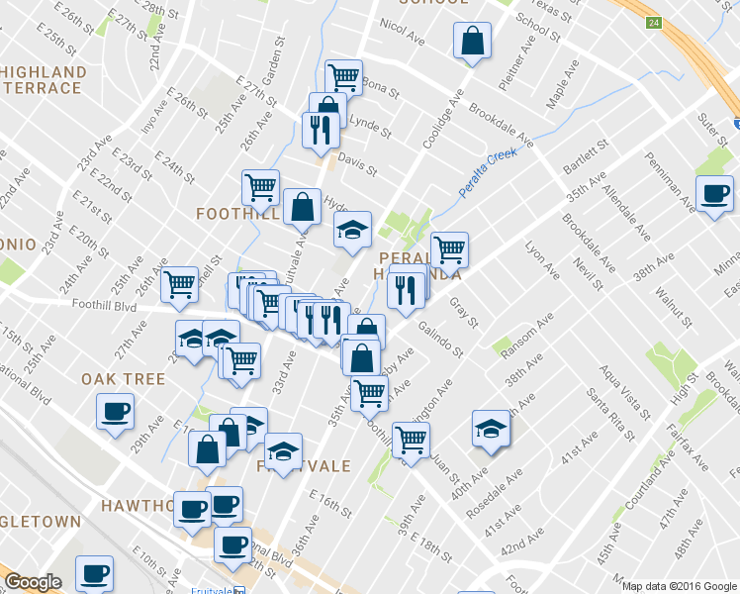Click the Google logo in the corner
tap(33, 582)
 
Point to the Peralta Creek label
tap(488, 172)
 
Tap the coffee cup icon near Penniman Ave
tap(713, 194)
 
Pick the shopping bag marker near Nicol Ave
tap(472, 42)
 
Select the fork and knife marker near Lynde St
tap(319, 132)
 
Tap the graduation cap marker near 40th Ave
tap(491, 428)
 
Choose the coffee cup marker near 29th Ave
tap(115, 410)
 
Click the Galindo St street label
tap(440, 340)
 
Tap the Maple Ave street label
tap(562, 87)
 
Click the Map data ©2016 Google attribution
tap(678, 586)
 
